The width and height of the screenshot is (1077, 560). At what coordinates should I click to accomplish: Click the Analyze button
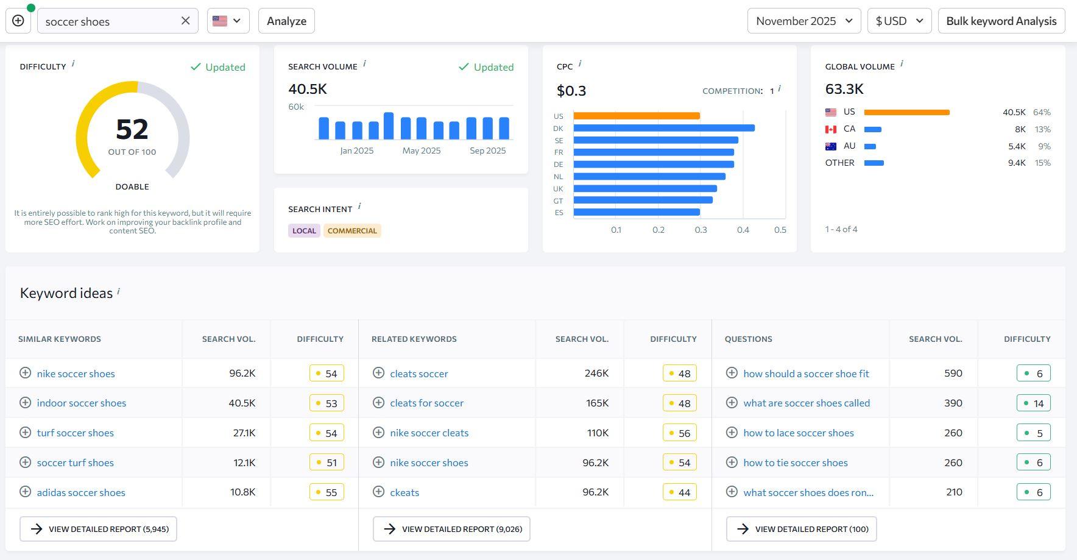(286, 21)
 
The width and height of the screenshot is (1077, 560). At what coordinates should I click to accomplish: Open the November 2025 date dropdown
(803, 21)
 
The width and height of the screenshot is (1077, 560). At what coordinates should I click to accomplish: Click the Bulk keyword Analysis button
(1001, 21)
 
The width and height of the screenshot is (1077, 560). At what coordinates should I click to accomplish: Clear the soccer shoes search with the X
(186, 21)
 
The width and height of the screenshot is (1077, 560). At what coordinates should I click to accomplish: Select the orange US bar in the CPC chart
(636, 116)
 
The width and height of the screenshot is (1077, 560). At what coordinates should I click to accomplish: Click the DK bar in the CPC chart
(663, 128)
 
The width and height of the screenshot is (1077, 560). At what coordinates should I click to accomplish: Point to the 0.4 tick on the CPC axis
(743, 230)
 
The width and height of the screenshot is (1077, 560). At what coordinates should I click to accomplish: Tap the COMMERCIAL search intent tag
(352, 231)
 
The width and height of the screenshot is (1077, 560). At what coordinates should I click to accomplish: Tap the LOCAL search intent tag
(304, 231)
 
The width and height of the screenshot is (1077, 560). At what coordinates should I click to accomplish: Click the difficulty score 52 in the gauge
(132, 129)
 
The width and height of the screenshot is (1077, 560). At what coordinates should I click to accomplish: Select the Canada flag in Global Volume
(830, 129)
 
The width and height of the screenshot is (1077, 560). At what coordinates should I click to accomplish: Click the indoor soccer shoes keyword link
(82, 403)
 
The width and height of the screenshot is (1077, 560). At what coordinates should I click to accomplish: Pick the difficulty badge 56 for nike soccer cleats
(679, 433)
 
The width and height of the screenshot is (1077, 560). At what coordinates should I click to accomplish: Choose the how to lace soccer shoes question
(798, 433)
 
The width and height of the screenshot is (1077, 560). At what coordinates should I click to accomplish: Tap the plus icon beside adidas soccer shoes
(25, 492)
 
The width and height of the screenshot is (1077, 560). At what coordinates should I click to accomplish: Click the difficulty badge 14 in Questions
(1033, 403)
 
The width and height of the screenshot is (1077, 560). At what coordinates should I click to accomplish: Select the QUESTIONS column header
(748, 339)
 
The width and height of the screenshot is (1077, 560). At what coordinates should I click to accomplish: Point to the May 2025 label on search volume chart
(421, 151)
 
